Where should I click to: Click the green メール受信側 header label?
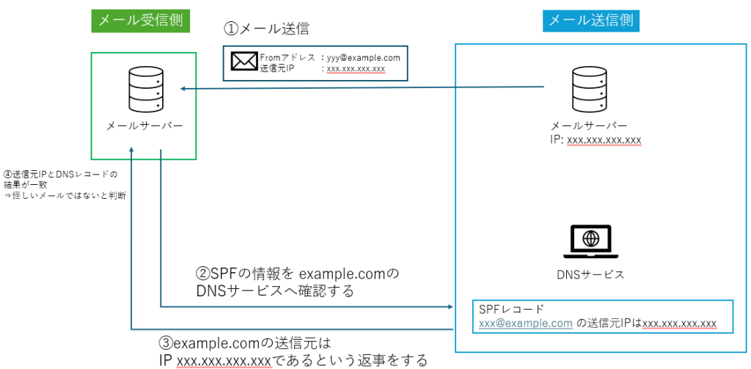pos(141,21)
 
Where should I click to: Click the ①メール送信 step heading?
pos(267,29)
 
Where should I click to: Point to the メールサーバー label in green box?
pos(144,125)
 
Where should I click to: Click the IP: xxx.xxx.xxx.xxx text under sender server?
pos(596,139)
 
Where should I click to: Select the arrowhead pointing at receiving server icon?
pos(185,89)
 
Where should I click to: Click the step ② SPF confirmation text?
pos(297,282)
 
